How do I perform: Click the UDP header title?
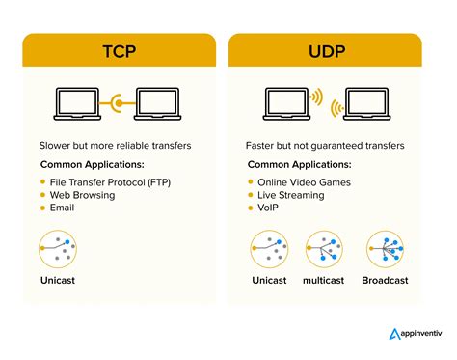325,50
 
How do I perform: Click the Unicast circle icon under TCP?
60,251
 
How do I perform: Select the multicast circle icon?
326,251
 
